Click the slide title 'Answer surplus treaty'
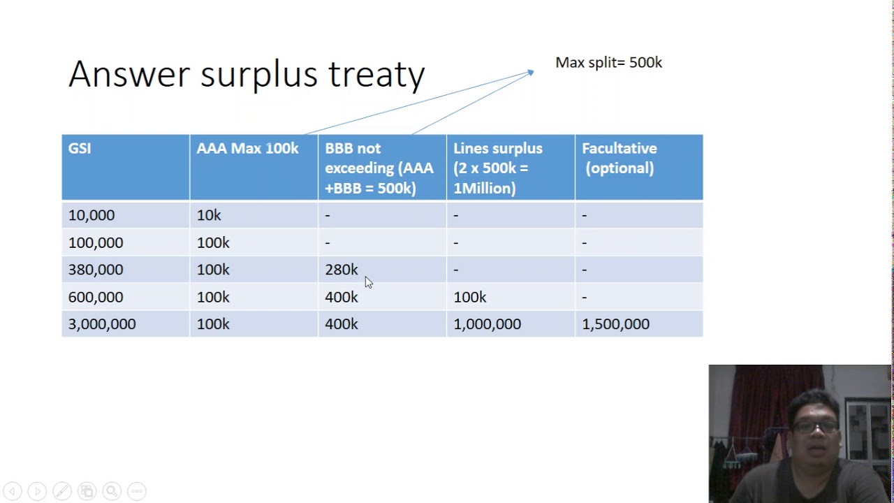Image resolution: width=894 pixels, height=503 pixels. click(x=247, y=74)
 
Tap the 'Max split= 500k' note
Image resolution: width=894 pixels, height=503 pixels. click(x=608, y=63)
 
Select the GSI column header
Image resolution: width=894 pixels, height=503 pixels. click(x=80, y=149)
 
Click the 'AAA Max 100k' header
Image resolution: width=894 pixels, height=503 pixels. click(x=247, y=149)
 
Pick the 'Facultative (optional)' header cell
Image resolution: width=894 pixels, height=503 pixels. click(x=619, y=159)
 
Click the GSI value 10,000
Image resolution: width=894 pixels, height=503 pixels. click(x=91, y=216)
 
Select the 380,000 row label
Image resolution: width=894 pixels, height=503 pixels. click(x=96, y=270)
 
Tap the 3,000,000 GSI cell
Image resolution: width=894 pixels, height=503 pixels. click(x=102, y=324)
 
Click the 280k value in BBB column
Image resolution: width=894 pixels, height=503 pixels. click(x=341, y=270)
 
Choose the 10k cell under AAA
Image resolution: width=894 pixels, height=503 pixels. click(x=209, y=216)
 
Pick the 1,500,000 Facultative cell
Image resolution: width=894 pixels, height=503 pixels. click(x=615, y=324)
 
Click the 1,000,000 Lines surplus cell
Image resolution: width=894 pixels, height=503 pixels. click(x=487, y=324)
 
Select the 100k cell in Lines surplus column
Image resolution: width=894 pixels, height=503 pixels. click(x=470, y=298)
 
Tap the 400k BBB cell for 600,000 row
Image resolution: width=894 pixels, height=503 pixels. click(x=341, y=298)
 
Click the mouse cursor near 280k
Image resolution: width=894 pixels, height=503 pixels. click(x=368, y=282)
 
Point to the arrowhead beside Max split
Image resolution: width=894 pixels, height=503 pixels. click(x=530, y=72)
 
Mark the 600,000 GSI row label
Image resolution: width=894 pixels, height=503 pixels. click(x=96, y=298)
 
